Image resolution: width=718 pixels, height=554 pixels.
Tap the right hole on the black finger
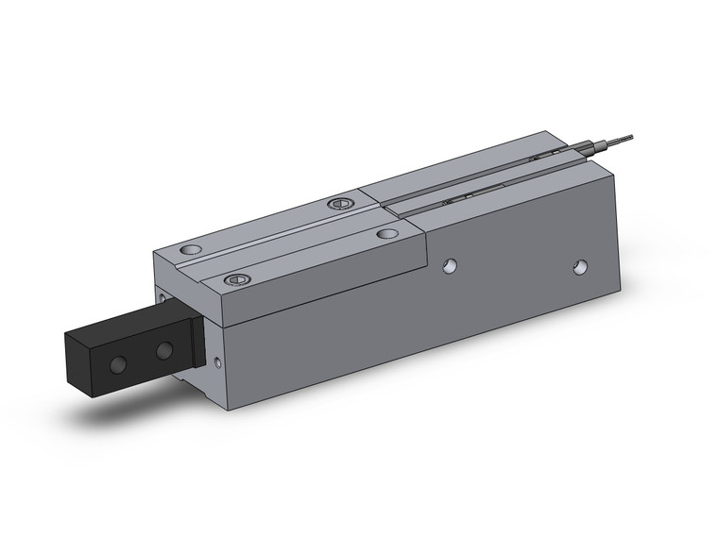tap(165, 351)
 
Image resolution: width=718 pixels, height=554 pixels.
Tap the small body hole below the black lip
tap(220, 361)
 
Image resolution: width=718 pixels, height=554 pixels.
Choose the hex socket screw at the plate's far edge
tap(338, 204)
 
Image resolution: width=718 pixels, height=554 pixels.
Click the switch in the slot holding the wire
tap(546, 154)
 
